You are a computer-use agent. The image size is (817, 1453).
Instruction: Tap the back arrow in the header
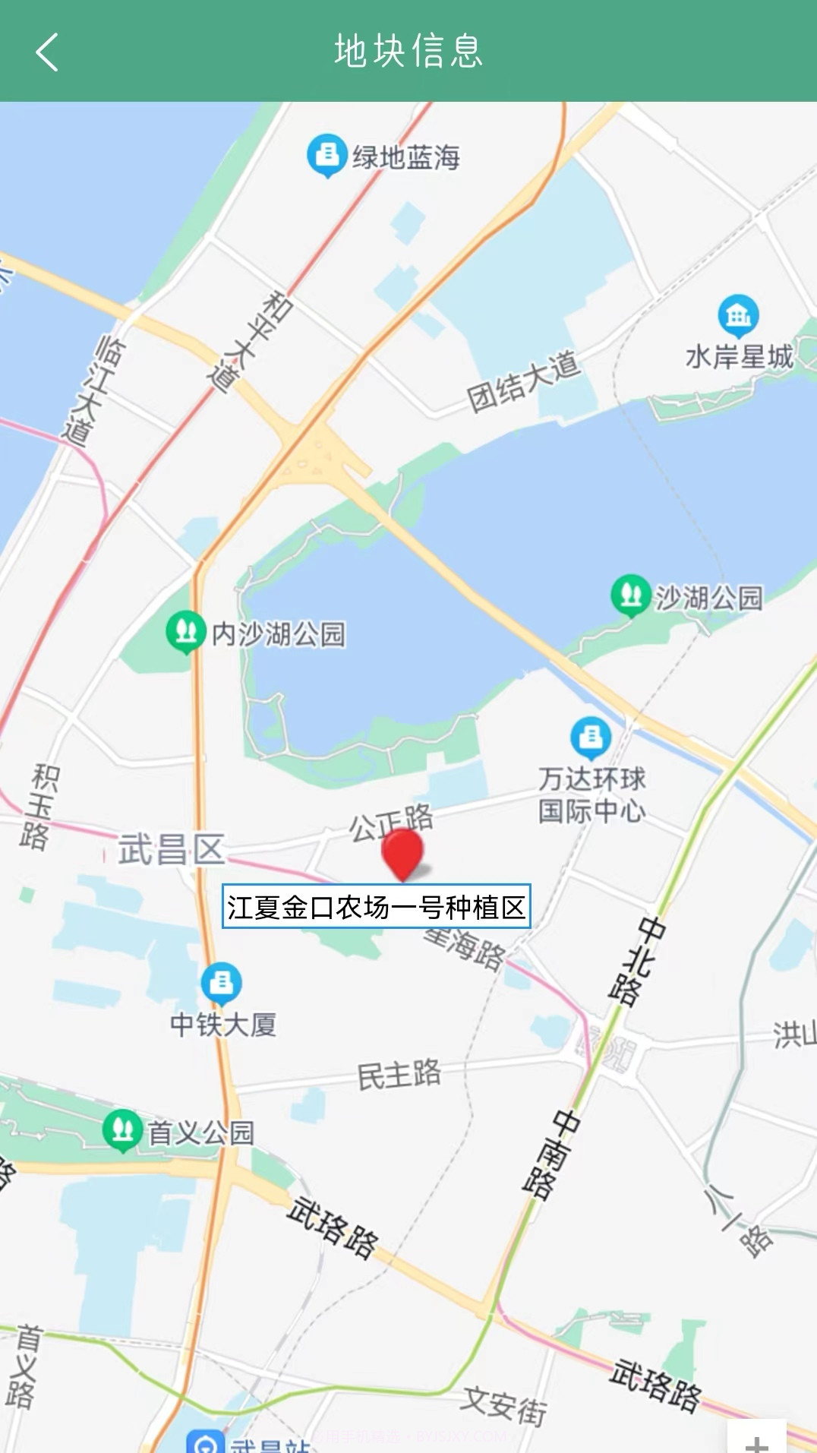click(x=47, y=52)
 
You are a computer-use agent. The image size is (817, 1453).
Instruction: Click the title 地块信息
click(x=408, y=52)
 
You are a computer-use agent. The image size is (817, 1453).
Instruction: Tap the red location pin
click(x=402, y=852)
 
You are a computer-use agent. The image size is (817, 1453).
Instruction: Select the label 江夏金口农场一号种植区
click(x=376, y=906)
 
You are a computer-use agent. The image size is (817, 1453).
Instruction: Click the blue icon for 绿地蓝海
click(x=327, y=154)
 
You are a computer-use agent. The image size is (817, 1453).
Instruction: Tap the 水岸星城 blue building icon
click(x=738, y=314)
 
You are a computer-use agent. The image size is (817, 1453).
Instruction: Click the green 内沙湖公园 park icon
click(x=185, y=630)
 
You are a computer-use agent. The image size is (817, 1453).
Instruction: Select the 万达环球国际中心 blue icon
click(x=591, y=737)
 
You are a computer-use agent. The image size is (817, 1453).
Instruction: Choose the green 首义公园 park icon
click(x=122, y=1130)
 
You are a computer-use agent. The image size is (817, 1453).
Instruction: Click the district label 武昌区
click(x=172, y=849)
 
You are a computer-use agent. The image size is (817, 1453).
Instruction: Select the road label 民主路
click(x=399, y=1074)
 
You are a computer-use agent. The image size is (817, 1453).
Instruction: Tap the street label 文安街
click(x=504, y=1405)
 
